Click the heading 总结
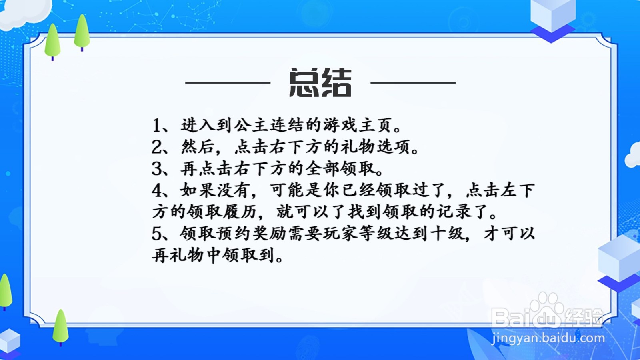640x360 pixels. pos(320,82)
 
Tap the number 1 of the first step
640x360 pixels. pos(156,126)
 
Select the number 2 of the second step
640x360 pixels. pos(157,147)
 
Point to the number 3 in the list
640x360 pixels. pos(157,169)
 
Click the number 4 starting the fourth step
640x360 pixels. pos(157,190)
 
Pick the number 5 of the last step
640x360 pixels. pos(157,234)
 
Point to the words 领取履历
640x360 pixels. pos(222,212)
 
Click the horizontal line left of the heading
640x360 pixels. pos(228,83)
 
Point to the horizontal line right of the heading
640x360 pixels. pos(413,83)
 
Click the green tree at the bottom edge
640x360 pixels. pos(60,328)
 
